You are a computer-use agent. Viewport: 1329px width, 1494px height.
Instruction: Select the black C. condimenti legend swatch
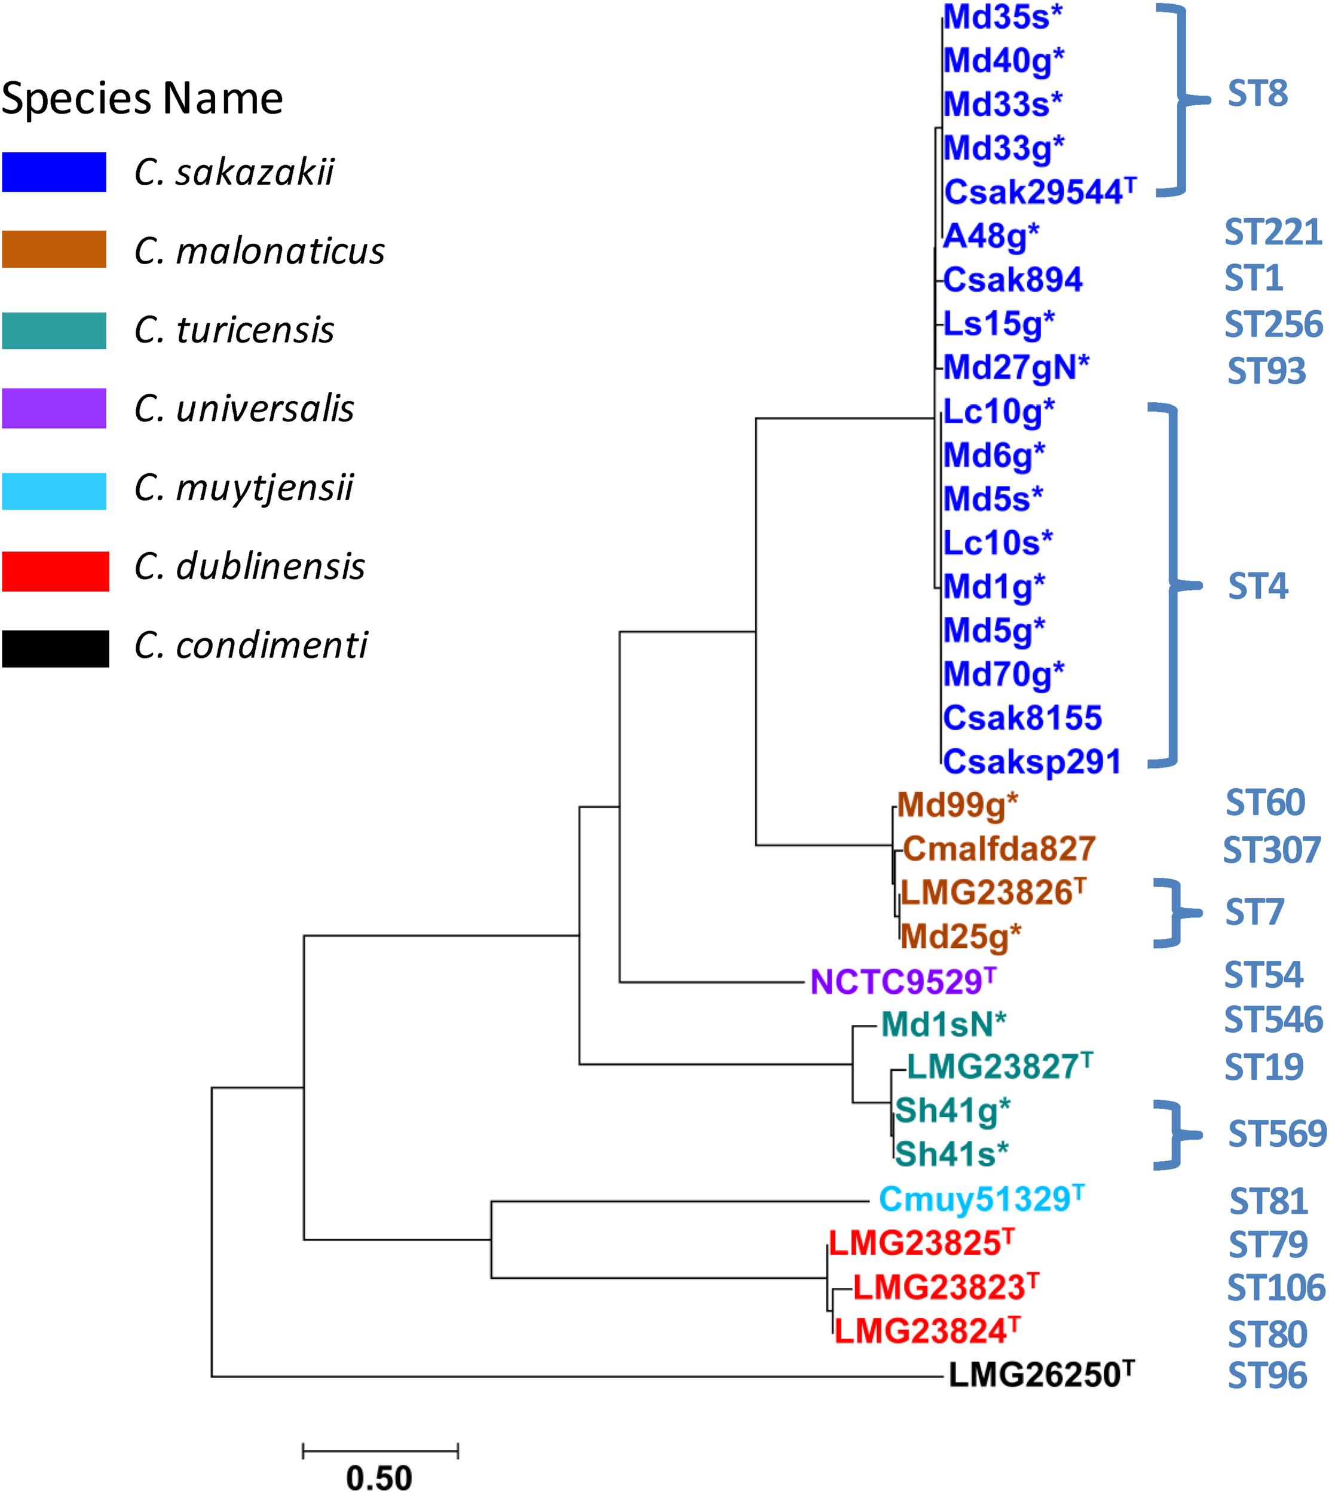55,648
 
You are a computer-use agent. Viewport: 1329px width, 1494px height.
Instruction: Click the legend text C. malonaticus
259,252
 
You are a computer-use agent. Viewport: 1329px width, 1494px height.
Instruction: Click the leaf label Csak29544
1038,192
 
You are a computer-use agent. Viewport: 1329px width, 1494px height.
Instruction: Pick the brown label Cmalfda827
999,849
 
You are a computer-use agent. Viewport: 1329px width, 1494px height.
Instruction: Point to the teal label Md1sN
943,1025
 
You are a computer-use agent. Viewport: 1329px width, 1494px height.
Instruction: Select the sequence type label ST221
1273,233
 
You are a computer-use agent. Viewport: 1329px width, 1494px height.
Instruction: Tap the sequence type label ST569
1276,1134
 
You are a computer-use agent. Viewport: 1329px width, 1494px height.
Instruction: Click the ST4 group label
1257,586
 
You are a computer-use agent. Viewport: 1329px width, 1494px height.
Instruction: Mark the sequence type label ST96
1267,1376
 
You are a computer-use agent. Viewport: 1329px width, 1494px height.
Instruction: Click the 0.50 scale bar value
379,1477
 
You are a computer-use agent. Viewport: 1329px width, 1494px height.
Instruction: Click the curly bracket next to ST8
1175,100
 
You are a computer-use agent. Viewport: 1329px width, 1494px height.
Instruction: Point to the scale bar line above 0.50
380,1450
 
